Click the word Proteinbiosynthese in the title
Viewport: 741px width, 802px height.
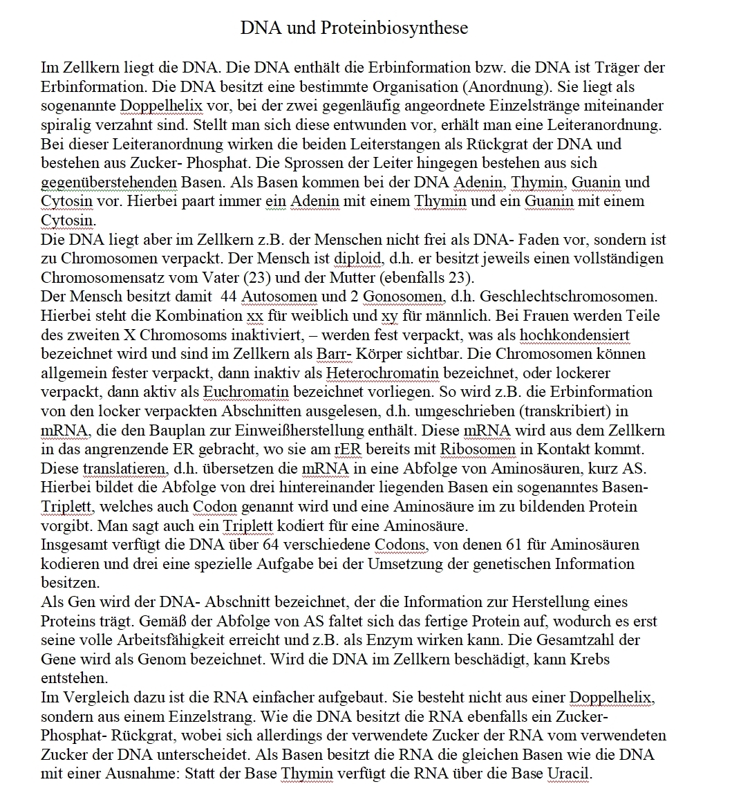point(393,28)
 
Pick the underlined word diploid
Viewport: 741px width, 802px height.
point(358,259)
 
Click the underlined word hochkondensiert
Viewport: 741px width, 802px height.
point(574,335)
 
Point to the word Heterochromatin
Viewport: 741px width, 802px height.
point(382,373)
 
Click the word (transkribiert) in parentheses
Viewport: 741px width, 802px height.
point(561,411)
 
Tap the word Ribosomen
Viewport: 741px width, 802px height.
point(478,449)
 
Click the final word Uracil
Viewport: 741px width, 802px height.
point(569,773)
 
